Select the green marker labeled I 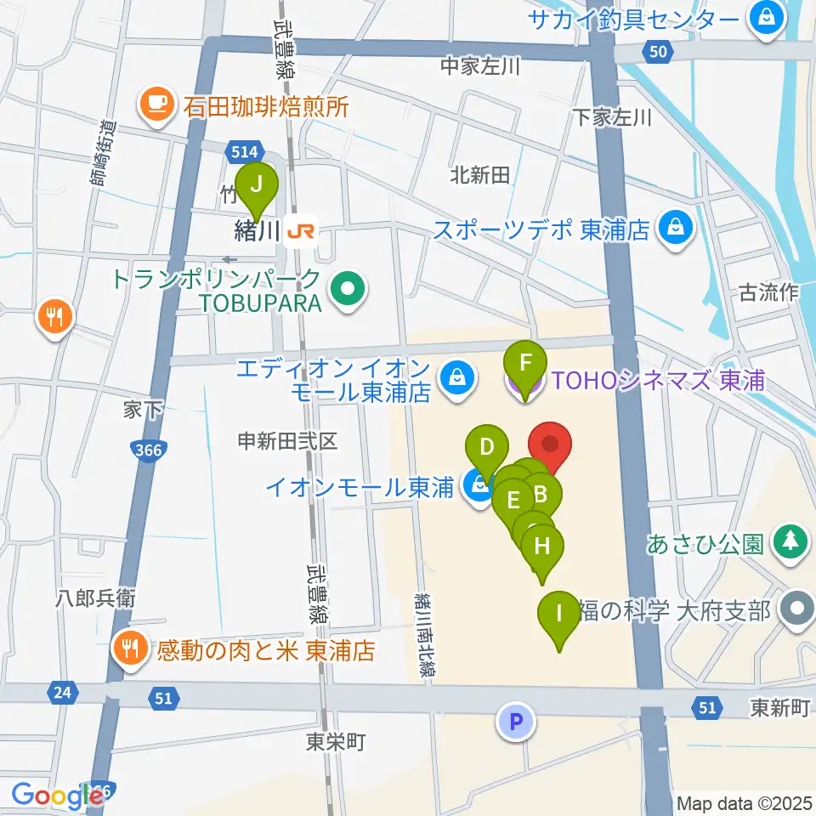(558, 614)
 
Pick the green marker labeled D (487, 448)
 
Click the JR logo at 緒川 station (300, 230)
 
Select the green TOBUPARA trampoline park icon (348, 291)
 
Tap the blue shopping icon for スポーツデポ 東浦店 (676, 229)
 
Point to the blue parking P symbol (515, 722)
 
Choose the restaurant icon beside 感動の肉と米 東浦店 (130, 650)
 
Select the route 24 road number (60, 693)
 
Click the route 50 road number (656, 53)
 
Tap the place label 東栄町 (336, 742)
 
